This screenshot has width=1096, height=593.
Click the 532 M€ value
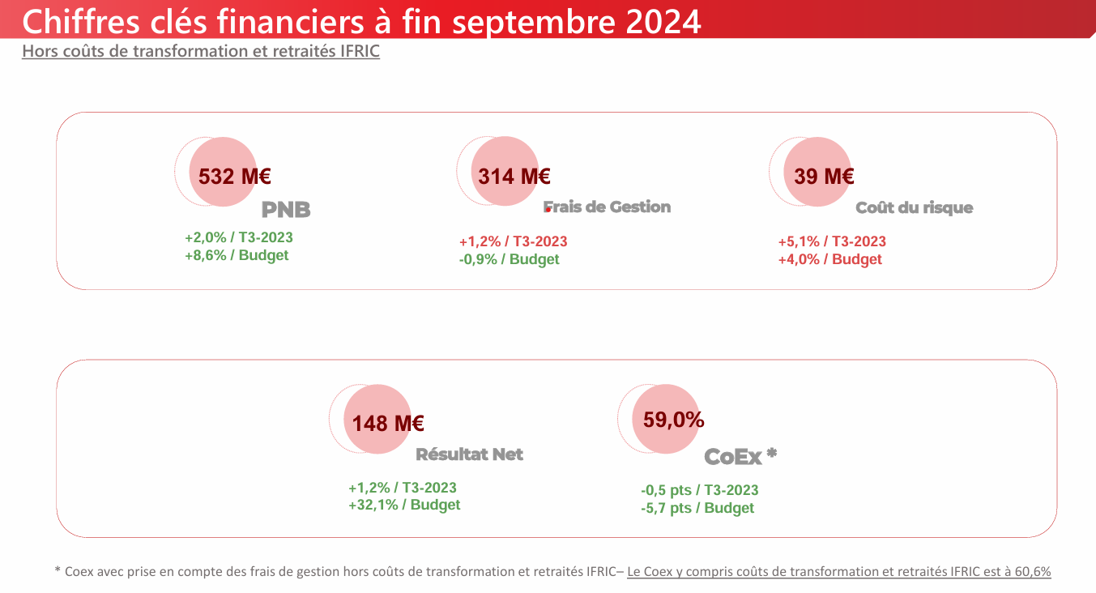coord(234,176)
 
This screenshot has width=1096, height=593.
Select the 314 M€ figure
coord(514,176)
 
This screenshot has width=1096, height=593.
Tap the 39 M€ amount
coord(824,176)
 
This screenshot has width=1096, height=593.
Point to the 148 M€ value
coord(388,423)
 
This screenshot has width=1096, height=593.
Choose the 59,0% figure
coord(674,420)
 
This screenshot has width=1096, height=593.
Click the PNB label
coord(286,210)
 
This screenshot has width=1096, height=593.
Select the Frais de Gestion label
coord(608,207)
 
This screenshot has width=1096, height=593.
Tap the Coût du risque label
coord(915,208)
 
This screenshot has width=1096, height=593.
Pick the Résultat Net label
coord(469,454)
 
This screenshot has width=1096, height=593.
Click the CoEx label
coord(733,457)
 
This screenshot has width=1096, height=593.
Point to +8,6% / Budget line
coord(237,255)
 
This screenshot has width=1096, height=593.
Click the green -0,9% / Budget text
coord(509,259)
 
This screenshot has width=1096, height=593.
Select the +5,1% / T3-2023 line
coord(832,241)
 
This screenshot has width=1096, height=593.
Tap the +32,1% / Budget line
coord(404,505)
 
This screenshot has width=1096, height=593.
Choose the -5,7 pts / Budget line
coord(697,509)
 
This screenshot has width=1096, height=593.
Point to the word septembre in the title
coord(534,23)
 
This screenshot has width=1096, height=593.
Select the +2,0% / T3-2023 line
coord(239,238)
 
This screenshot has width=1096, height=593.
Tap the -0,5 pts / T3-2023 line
coord(700,490)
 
